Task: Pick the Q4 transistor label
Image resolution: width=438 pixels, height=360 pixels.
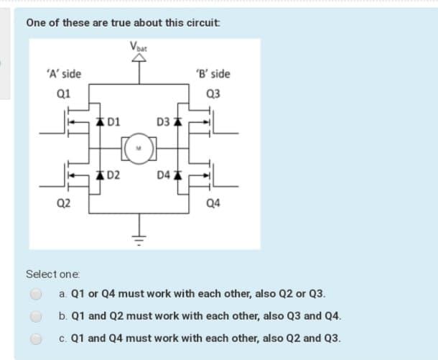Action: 213,203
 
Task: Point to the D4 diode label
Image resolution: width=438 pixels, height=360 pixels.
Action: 162,175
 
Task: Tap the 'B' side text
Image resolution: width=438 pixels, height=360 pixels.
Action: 213,74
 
